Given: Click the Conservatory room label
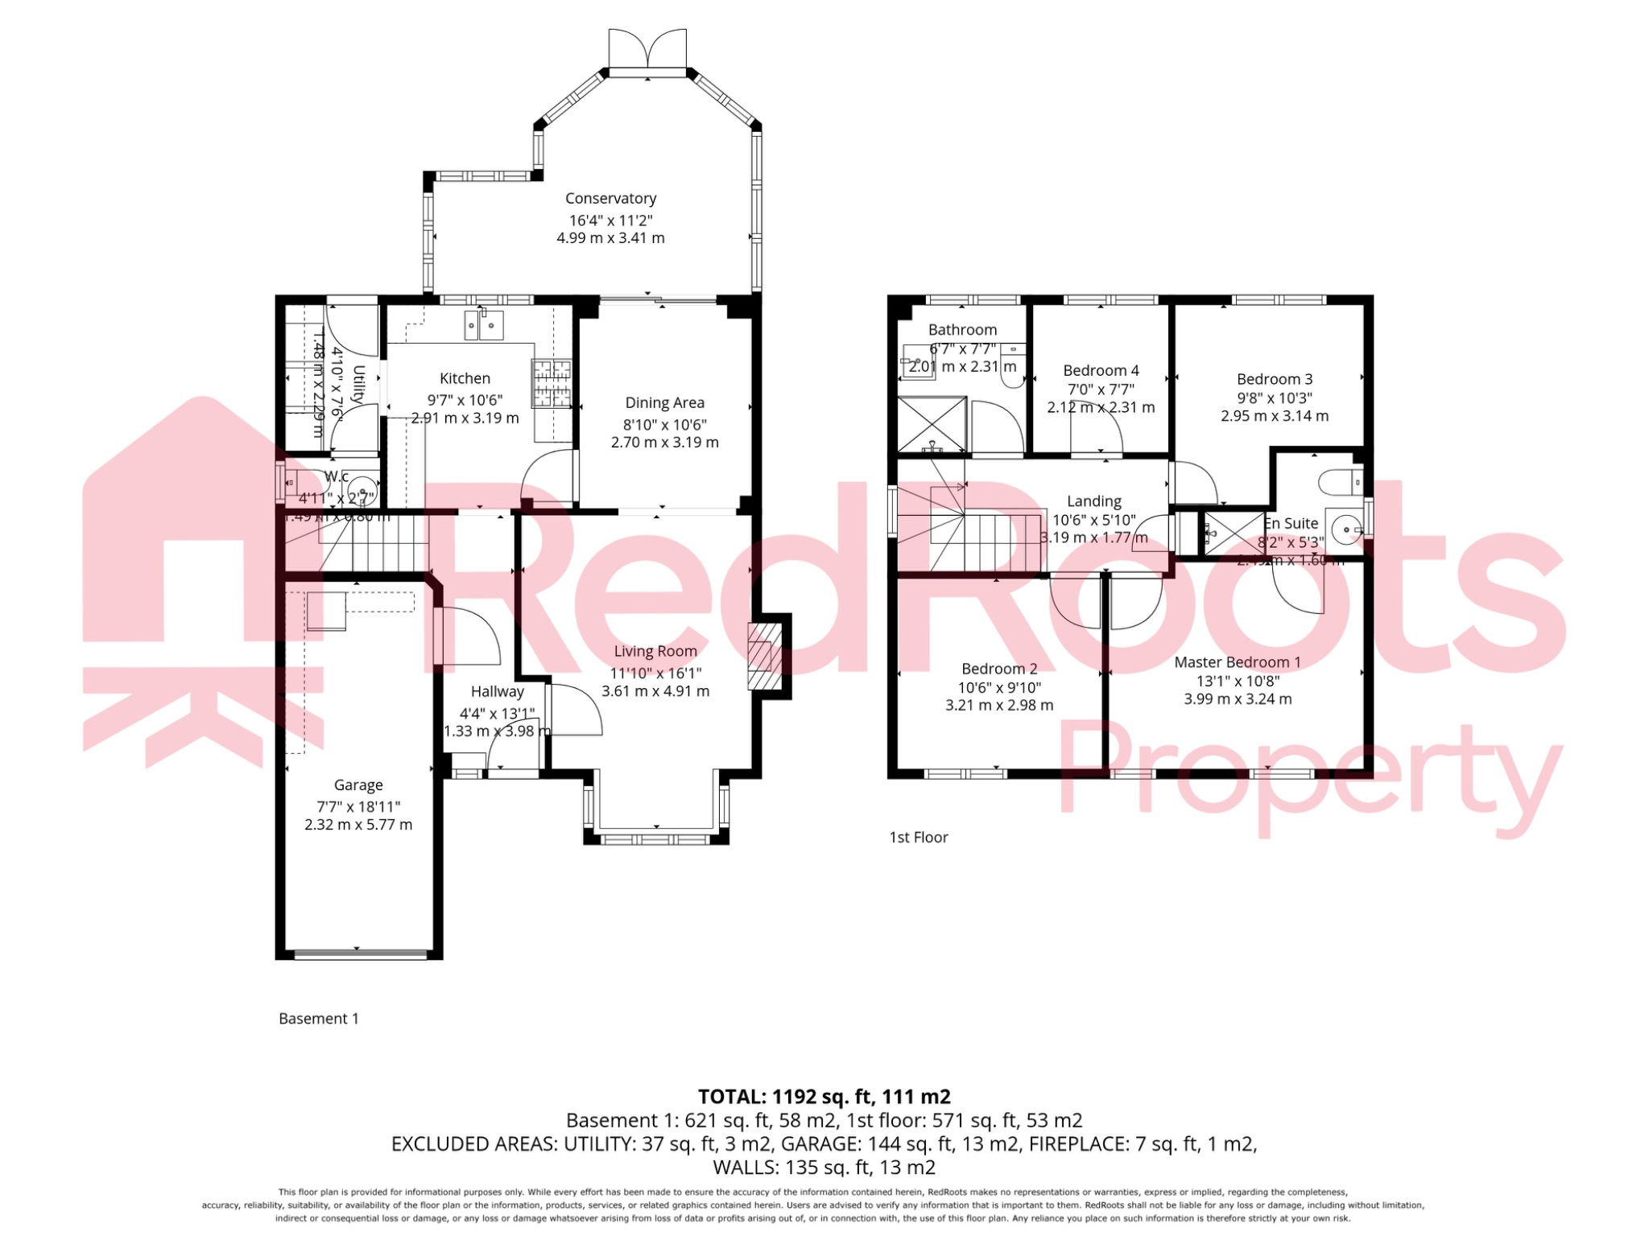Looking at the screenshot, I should pos(610,198).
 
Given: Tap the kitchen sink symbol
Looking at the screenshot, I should pos(483,325).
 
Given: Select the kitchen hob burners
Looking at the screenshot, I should pos(552,383).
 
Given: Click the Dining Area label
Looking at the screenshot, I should pos(664,402).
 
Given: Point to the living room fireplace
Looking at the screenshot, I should pos(765,657).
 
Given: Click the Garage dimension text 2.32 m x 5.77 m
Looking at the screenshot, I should pos(358,824).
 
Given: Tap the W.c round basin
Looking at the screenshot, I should pos(363,489).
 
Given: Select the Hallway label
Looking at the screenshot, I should pos(497,691).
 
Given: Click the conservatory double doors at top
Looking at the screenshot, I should pos(647,50).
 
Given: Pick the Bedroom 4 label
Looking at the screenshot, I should pos(1101,370).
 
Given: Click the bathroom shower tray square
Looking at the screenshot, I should pos(932,423).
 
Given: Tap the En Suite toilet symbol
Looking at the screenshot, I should pos(1339,482).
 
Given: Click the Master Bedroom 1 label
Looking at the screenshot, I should pos(1237,662).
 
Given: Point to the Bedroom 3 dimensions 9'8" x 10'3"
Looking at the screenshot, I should pos(1274,398).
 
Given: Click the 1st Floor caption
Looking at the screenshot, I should pos(918,837).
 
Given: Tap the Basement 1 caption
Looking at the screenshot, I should pos(318,1018).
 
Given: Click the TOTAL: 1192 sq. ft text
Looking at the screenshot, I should pos(824,1096).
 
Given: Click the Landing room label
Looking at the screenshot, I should pos(1093,501).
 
